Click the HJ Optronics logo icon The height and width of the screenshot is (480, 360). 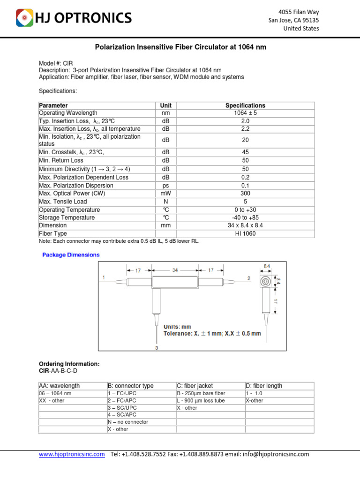[x=24, y=18]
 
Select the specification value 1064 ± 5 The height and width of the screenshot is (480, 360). [x=245, y=113]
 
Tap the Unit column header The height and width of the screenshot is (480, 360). [x=166, y=105]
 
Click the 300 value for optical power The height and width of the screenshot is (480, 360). [x=245, y=194]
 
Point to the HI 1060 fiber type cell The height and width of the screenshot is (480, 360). [x=245, y=233]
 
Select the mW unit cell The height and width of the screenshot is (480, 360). [x=166, y=194]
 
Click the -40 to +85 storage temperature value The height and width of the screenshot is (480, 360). [x=245, y=217]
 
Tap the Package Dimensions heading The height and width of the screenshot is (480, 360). [x=71, y=255]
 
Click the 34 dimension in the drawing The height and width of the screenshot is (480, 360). [x=175, y=270]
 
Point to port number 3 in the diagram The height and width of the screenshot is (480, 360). [x=156, y=348]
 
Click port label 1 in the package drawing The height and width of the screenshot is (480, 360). [x=103, y=278]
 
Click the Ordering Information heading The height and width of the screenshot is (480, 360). [x=69, y=364]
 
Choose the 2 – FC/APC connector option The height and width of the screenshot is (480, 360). [x=122, y=401]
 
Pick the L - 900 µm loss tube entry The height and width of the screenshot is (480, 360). [x=201, y=401]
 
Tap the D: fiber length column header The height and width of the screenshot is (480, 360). [x=264, y=386]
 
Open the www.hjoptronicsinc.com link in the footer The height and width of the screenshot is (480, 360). [x=72, y=454]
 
